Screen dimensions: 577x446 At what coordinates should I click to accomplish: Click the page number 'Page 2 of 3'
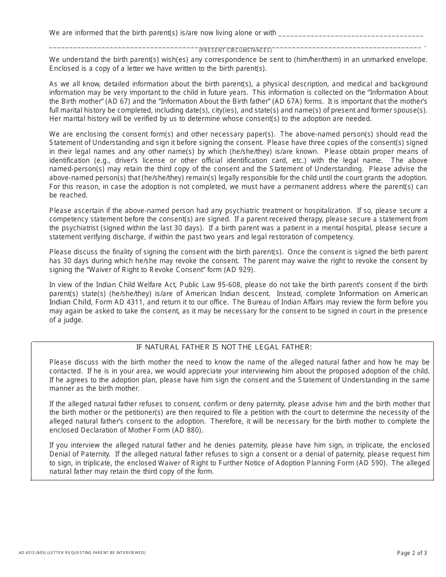click(x=412, y=553)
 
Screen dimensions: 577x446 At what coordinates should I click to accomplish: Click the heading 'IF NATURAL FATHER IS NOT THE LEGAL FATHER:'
click(x=224, y=347)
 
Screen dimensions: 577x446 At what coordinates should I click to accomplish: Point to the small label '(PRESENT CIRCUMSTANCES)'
click(x=235, y=50)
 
